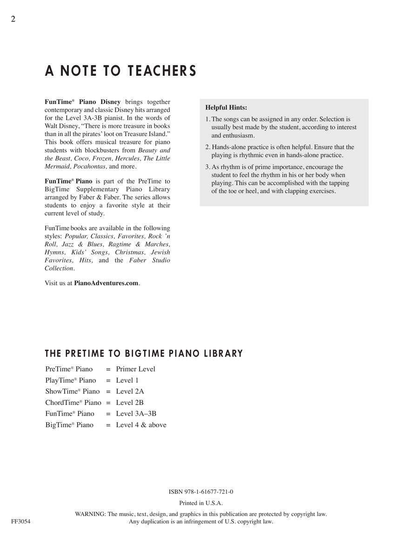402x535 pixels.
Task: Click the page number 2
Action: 13,19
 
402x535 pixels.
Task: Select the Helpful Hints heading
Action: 226,107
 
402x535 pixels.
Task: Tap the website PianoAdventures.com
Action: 106,283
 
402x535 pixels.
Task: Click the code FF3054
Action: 21,522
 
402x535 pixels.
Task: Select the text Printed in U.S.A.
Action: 201,503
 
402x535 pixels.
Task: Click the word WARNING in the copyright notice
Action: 90,514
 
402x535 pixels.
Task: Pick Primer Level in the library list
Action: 135,369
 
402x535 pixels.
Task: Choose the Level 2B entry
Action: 130,403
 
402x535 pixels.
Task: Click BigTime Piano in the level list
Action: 69,425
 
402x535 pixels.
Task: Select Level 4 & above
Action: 141,425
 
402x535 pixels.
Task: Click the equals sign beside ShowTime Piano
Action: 108,391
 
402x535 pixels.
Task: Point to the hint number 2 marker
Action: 208,147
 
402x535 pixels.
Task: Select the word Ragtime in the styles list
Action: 120,244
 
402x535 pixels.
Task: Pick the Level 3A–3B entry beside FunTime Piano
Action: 136,414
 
